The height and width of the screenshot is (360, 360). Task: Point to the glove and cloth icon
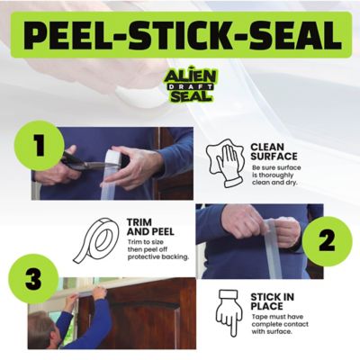(x=224, y=162)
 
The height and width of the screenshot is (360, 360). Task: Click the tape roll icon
(x=95, y=237)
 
